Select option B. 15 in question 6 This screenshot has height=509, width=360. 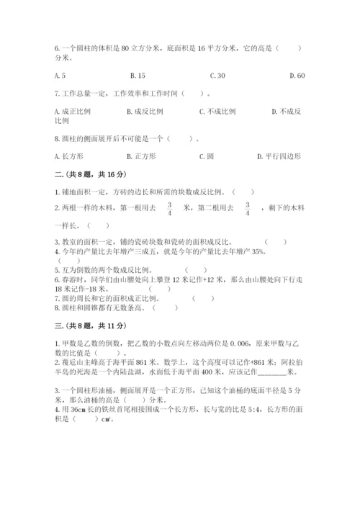click(x=138, y=76)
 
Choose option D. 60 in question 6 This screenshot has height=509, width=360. click(x=297, y=76)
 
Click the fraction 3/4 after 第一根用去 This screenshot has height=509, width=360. click(x=169, y=209)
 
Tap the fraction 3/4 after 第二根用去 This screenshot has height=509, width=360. click(x=248, y=209)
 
